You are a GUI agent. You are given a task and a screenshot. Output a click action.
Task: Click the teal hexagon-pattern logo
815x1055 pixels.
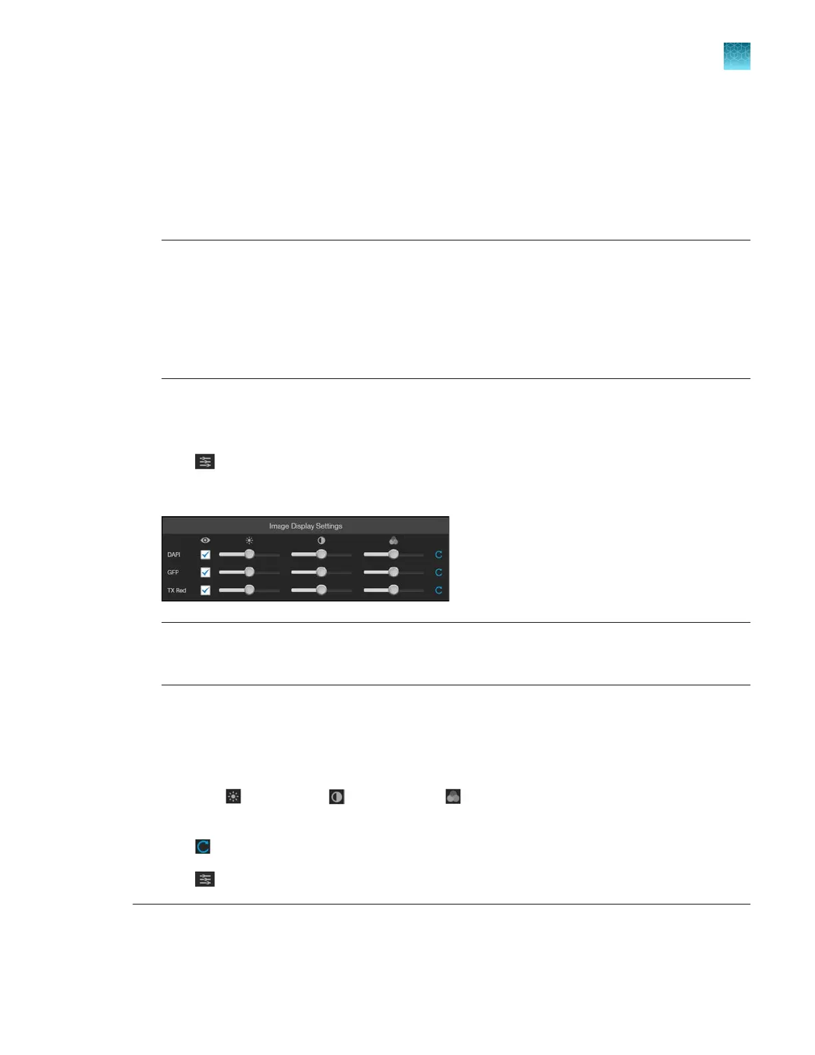coord(736,57)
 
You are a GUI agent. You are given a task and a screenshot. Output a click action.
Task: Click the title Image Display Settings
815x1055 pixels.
coord(306,526)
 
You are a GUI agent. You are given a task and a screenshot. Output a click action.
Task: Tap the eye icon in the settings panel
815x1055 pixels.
coord(205,540)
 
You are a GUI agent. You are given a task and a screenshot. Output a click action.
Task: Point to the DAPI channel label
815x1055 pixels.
coord(174,555)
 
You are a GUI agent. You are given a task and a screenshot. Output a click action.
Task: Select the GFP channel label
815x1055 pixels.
coord(173,573)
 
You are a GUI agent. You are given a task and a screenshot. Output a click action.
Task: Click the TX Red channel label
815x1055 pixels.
coord(176,591)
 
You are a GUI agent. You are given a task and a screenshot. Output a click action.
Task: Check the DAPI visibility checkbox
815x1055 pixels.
coord(205,555)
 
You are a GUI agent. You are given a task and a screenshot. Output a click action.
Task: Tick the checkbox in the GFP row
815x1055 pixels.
coord(205,572)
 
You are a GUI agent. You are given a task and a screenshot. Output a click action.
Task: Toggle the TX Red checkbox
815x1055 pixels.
coord(205,590)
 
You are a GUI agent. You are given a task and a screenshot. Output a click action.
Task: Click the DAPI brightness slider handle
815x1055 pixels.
coord(249,554)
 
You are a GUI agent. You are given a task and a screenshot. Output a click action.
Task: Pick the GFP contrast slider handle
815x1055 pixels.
coord(321,572)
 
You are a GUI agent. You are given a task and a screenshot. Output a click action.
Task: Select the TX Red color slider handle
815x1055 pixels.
coord(394,589)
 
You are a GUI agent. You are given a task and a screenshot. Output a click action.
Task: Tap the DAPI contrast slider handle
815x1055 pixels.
coord(321,554)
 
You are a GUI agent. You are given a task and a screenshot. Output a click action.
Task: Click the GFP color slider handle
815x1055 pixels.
coord(394,572)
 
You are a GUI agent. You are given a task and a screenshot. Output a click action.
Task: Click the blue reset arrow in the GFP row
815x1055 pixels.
coord(439,572)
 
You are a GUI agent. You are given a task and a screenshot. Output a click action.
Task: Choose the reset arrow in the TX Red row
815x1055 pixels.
coord(439,590)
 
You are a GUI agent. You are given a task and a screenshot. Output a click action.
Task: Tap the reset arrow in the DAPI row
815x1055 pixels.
coord(439,555)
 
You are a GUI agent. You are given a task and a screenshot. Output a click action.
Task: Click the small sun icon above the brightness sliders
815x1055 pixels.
coord(249,540)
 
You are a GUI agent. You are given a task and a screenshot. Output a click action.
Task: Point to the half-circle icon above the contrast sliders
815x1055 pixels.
coord(321,540)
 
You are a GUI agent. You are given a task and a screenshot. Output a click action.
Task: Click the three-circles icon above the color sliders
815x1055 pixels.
coord(394,540)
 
